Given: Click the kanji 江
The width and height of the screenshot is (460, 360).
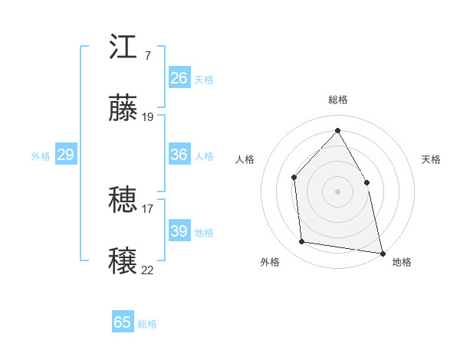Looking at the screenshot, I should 123,48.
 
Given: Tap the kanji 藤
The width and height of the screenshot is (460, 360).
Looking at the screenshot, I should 123,108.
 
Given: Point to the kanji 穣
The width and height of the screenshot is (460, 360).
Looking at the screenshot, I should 123,260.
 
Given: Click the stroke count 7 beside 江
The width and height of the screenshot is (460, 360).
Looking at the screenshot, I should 147,56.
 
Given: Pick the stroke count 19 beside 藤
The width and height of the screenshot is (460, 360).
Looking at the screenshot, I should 148,116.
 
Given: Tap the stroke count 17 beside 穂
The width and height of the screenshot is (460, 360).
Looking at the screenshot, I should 148,208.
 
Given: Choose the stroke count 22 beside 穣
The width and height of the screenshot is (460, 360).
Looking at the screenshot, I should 148,269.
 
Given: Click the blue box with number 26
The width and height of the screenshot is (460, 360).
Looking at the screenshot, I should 179,78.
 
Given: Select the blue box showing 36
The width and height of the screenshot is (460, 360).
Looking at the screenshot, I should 179,155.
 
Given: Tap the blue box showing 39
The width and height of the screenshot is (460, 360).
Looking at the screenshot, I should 179,231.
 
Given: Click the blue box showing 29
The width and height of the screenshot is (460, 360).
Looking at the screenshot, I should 65,155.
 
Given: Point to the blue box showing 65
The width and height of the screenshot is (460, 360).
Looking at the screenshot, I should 123,322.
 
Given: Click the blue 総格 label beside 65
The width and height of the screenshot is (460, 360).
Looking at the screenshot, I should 147,324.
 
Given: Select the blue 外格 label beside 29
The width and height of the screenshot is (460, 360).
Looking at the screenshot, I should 41,156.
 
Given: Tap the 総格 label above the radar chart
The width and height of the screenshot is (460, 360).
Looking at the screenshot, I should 337,100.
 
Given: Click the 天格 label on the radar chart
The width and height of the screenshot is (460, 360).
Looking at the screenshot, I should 432,159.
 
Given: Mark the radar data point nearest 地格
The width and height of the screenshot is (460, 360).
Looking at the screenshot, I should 382,252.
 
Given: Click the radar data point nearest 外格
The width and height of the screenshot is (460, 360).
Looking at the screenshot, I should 302,242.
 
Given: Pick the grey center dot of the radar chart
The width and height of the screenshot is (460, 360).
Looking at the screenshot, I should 337,191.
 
